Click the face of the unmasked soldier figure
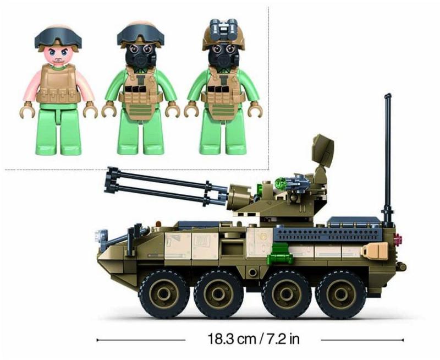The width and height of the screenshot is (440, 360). point(58,54)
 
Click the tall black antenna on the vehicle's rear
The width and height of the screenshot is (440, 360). point(388,160)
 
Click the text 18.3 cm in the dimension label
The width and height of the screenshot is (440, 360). point(232,339)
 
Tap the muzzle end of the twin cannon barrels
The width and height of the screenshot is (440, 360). point(112,180)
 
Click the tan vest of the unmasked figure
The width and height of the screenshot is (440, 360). point(58,84)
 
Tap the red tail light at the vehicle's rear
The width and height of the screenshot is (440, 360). point(398,239)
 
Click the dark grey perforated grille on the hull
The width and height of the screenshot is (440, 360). point(329,233)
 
